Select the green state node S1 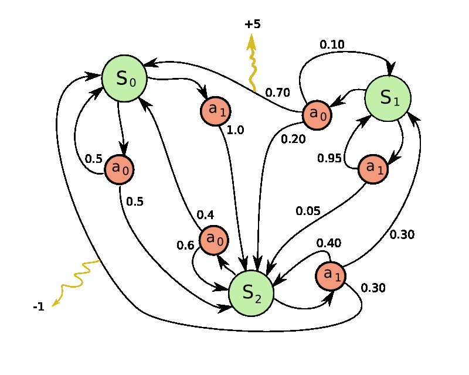point(388,98)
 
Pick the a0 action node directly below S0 point(120,169)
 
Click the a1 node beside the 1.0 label point(216,110)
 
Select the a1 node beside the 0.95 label point(373,168)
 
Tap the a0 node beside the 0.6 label point(214,239)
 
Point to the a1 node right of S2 point(331,276)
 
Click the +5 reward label point(253,24)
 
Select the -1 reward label point(39,306)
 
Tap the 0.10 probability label point(332,44)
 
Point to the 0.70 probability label point(277,92)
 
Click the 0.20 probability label point(293,139)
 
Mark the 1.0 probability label point(235,130)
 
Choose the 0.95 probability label point(329,158)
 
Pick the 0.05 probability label point(308,211)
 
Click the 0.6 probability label point(185,245)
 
